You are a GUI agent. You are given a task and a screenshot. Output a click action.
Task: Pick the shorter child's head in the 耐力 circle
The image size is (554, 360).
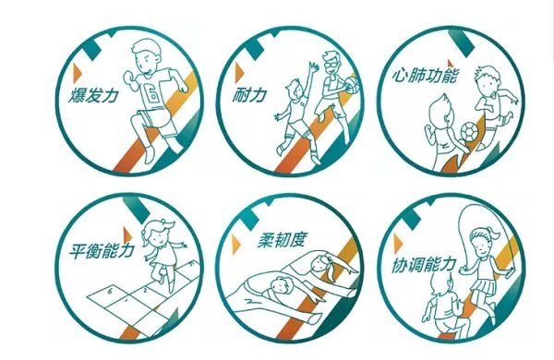[294, 91]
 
